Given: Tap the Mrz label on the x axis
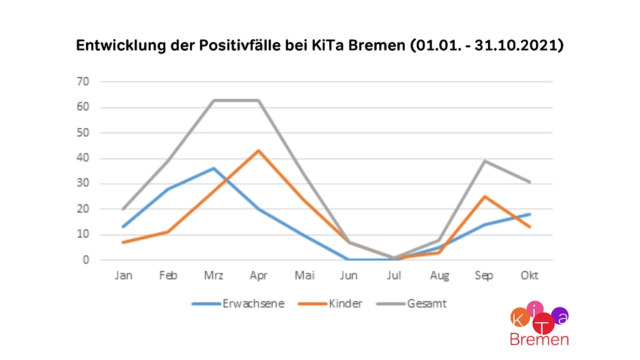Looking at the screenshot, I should coord(213,275).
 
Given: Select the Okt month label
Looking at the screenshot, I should coord(529,275).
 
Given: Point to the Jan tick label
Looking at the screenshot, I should coord(123,275).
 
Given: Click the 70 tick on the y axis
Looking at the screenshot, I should coord(83,82).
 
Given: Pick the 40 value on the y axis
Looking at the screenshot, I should coord(83,159).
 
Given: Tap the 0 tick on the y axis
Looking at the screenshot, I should coord(86,260).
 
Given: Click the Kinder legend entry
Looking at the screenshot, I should coord(345,304).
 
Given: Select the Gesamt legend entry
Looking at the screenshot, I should coord(427,304).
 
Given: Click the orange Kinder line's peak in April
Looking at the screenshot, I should coord(259,151).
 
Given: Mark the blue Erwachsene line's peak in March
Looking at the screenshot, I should coord(213,168).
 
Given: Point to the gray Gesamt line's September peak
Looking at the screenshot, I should coord(484,161).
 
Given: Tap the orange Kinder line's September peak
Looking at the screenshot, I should coord(484,197).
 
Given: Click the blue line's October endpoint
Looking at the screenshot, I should coord(529,214).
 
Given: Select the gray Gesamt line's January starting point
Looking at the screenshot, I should coord(123,209).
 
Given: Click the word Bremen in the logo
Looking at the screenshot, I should coord(539,339).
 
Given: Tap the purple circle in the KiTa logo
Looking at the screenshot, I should coord(561,316).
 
